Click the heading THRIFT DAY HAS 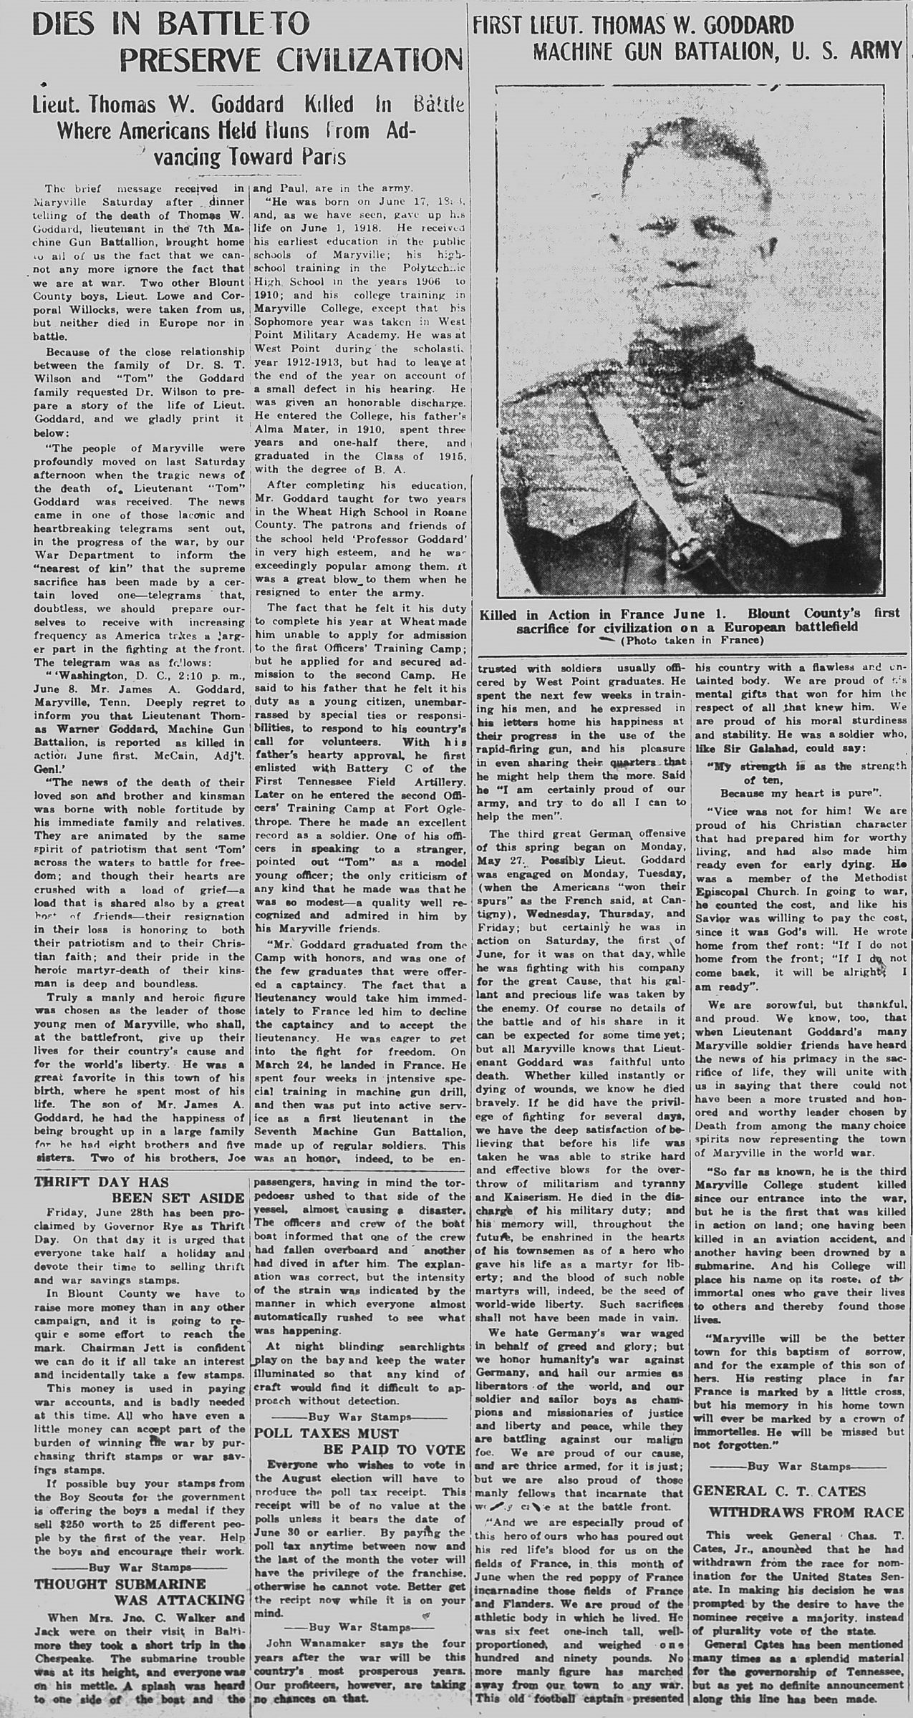coord(102,1182)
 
